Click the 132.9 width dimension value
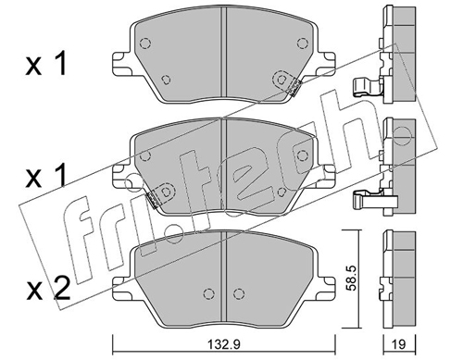point(223,344)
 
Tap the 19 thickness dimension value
point(399,344)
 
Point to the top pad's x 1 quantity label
point(46,65)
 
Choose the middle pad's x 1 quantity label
point(46,176)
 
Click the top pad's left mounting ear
point(121,64)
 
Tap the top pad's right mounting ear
point(326,64)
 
